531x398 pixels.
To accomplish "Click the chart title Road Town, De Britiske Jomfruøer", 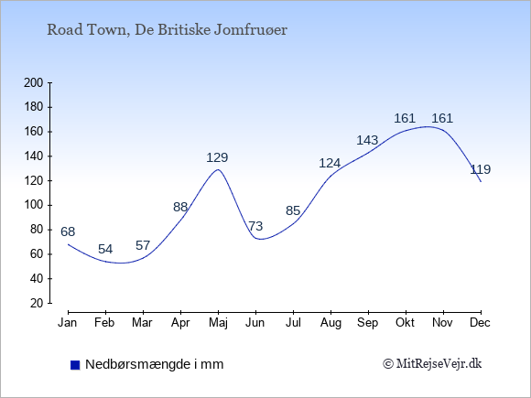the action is (x=167, y=30).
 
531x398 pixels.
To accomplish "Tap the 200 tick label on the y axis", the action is (x=33, y=82).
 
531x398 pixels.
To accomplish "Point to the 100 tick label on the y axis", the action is (x=33, y=205).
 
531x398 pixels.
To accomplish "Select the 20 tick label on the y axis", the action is (x=37, y=303).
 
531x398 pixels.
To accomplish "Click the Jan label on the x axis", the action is (x=68, y=323).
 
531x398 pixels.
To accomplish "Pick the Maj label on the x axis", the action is (x=218, y=323).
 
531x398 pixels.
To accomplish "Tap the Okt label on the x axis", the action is (x=405, y=323).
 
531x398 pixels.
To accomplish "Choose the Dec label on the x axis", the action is (x=481, y=323).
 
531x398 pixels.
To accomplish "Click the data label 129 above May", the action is (x=217, y=157).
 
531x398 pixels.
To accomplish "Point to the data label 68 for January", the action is (x=68, y=231).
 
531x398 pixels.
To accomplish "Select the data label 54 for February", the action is (x=105, y=249).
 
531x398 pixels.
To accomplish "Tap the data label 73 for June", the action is (x=255, y=226).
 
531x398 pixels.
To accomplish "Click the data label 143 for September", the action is (x=367, y=140).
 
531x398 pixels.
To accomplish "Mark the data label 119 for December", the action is (x=481, y=169).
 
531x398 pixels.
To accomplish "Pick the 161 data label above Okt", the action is (x=405, y=118).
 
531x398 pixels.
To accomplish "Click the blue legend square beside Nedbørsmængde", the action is (x=75, y=365).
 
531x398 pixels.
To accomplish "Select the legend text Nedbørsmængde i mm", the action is (x=155, y=364).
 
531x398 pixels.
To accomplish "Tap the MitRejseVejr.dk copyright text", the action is (x=432, y=364).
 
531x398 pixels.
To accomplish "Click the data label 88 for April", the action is (x=180, y=207).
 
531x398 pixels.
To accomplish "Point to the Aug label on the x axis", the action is (x=331, y=323).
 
